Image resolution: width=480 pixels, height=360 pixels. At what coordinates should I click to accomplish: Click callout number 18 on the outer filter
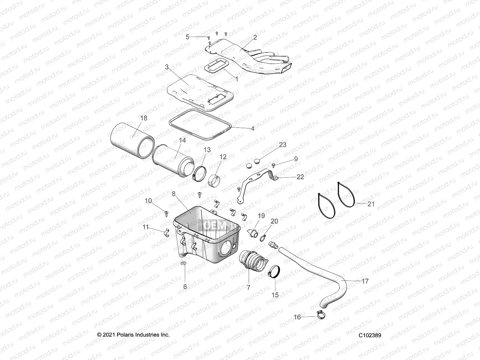pos(144,118)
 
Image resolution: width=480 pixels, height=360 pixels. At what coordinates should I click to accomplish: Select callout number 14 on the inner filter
pos(182,140)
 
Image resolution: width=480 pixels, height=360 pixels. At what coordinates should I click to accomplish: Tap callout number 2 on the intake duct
pos(255,37)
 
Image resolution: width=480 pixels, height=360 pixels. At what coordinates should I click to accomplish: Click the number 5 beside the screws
pos(187,37)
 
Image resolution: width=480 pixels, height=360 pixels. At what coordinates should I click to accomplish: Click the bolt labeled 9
pos(274,165)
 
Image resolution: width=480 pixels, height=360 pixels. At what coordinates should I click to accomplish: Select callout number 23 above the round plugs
pos(283,145)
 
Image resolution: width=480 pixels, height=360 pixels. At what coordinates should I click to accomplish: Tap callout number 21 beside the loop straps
pos(371,204)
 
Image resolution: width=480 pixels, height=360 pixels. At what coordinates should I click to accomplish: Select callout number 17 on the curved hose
pos(365,281)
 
